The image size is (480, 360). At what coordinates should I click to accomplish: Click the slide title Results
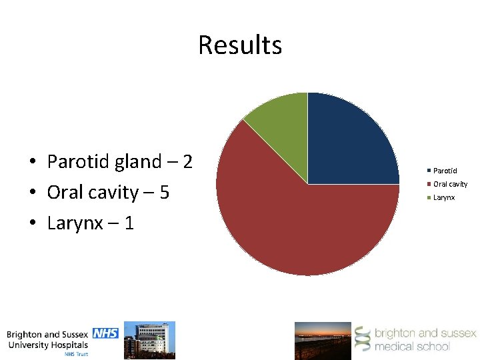[x=240, y=45]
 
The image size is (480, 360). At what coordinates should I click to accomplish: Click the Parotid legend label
[x=445, y=171]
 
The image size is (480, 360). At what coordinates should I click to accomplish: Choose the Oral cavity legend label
[x=450, y=184]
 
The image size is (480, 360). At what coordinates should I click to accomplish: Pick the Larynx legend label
[x=444, y=197]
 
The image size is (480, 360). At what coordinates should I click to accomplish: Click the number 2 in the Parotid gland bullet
[x=187, y=161]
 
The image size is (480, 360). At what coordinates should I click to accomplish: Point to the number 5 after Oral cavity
[x=164, y=193]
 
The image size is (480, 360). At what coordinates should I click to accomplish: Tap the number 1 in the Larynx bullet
[x=128, y=223]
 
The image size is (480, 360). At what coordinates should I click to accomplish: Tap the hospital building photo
[x=155, y=340]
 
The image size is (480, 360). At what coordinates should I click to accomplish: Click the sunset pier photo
[x=323, y=341]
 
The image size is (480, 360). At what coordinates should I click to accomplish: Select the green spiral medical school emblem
[x=361, y=339]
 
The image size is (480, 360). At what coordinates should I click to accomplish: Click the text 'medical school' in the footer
[x=411, y=346]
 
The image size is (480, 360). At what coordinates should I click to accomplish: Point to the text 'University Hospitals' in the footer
[x=47, y=345]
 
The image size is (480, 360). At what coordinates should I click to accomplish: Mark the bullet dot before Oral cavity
[x=31, y=193]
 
